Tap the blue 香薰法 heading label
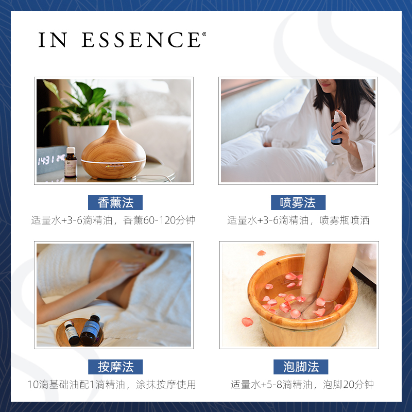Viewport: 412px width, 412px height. [115, 202]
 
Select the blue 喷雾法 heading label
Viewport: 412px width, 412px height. [298, 202]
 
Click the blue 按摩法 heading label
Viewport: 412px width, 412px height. [115, 367]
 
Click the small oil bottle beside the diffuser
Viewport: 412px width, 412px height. [71, 163]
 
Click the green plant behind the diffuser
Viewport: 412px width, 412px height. [85, 103]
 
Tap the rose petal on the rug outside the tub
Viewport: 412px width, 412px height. [247, 322]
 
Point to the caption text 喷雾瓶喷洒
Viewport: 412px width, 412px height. [345, 220]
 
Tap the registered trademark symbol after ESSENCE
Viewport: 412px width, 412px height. [204, 35]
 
